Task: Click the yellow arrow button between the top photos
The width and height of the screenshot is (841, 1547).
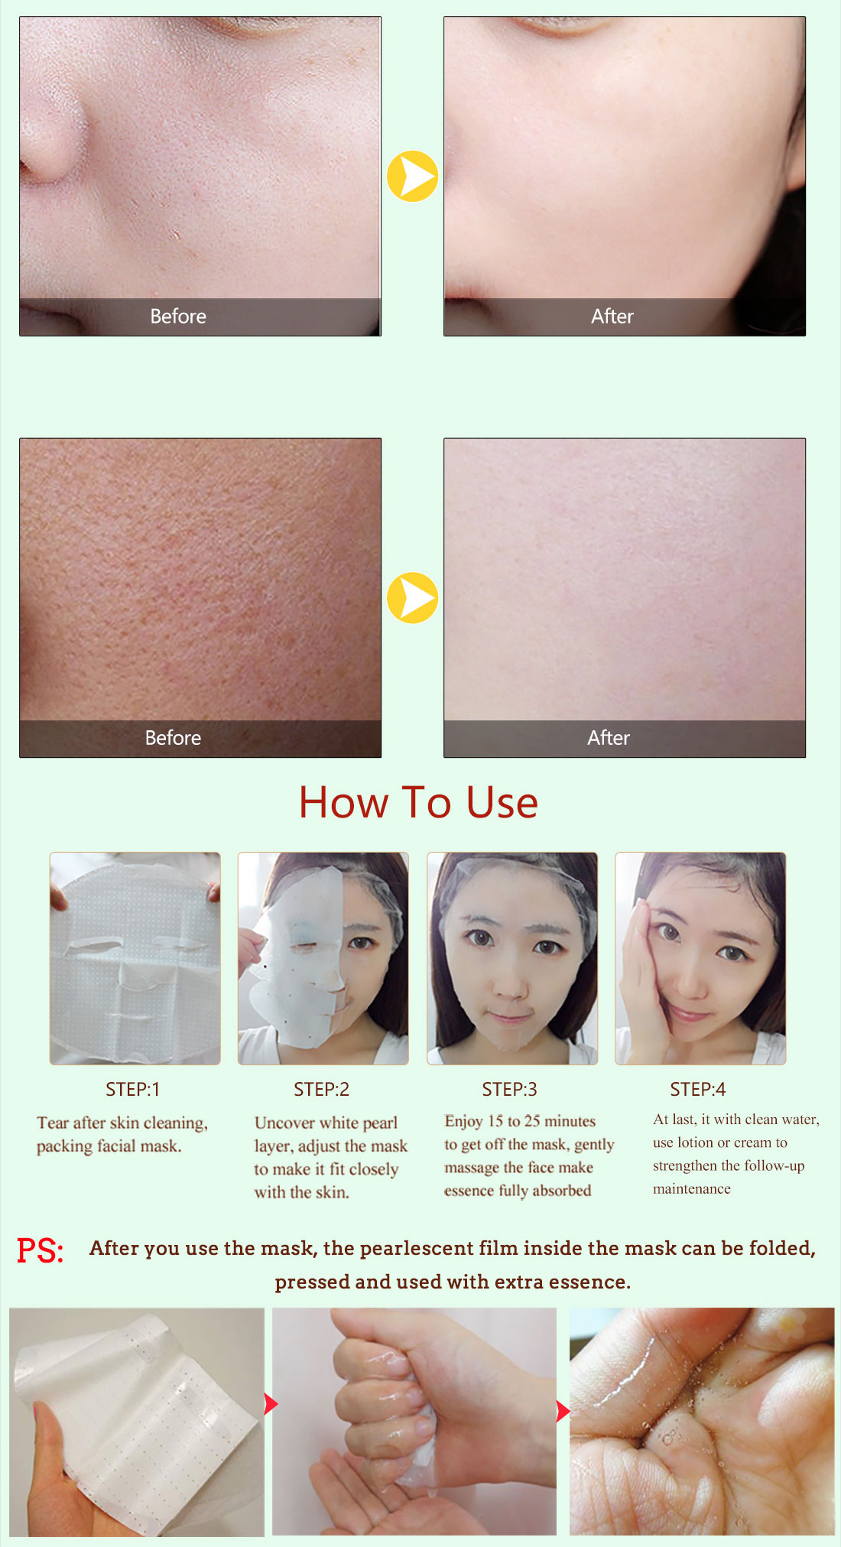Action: (412, 176)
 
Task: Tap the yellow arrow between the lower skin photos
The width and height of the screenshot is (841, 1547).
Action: (412, 597)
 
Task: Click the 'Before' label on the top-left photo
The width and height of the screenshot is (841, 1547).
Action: (178, 317)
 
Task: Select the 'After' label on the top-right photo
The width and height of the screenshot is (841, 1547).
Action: (612, 317)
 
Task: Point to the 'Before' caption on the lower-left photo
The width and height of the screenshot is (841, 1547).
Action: (174, 738)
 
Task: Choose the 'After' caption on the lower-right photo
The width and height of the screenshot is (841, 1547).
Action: (609, 738)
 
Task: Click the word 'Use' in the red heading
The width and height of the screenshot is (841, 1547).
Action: (502, 803)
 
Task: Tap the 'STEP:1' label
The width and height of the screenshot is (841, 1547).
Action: (133, 1089)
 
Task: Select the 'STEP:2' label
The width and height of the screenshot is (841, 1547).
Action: (321, 1089)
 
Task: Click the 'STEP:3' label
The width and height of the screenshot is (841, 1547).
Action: (509, 1089)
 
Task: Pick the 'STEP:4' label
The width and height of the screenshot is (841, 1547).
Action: (698, 1089)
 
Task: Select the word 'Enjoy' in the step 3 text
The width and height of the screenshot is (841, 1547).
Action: (463, 1122)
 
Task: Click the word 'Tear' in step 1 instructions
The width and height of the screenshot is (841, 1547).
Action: (53, 1123)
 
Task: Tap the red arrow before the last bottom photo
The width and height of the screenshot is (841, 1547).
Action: (563, 1412)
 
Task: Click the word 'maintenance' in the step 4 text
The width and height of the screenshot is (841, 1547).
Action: (692, 1189)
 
